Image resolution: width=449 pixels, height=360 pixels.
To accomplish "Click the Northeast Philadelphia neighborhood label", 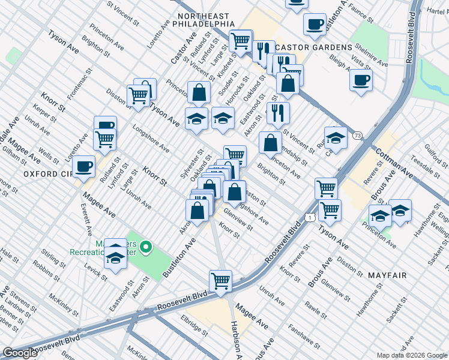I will pos(203,20).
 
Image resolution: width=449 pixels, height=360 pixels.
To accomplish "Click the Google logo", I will pos(20,353).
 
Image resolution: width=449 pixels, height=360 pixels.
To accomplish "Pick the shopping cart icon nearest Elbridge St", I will pos(221,280).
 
